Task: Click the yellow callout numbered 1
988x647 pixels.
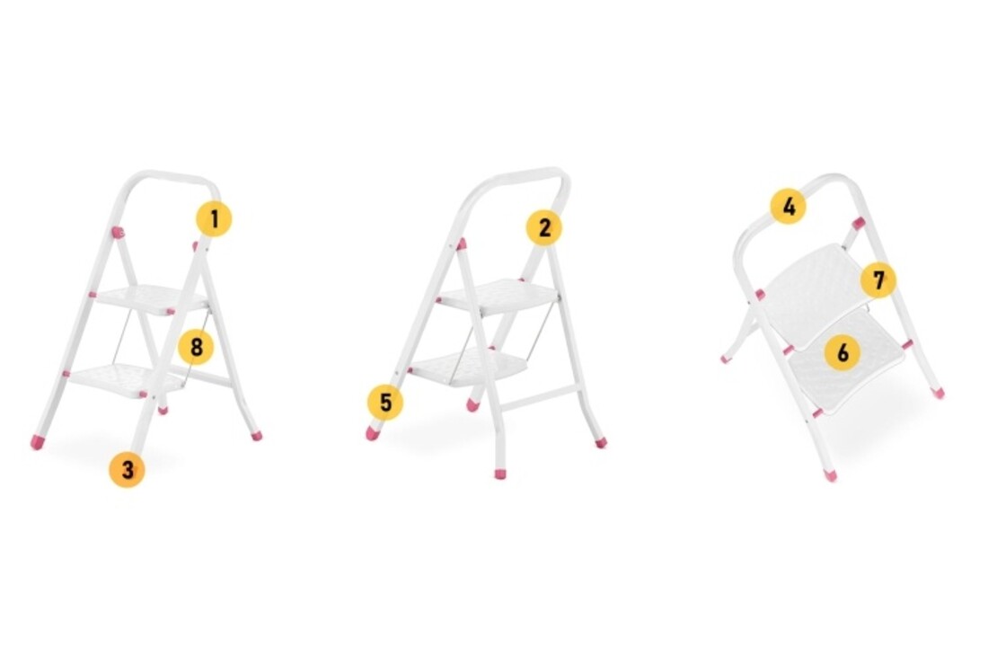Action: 214,219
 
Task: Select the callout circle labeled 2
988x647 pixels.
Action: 543,228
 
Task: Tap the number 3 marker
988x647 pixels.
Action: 127,470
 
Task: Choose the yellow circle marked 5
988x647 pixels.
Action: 385,403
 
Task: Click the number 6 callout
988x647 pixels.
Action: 842,353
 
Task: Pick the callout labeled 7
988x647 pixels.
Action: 878,279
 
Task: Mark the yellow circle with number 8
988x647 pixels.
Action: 196,346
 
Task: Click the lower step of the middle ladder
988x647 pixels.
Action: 467,366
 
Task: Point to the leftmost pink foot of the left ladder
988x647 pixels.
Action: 37,442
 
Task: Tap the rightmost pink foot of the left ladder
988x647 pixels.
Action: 256,436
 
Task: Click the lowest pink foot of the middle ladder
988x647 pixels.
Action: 500,473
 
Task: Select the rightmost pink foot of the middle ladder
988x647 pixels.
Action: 600,442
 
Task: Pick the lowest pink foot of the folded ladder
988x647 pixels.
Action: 831,475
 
